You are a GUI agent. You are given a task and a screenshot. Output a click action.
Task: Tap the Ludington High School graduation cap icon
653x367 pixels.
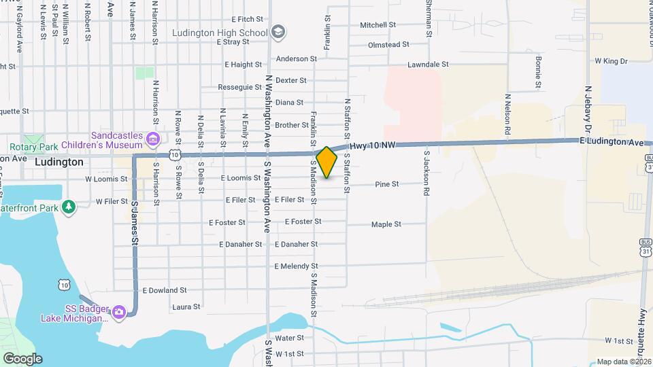point(278,32)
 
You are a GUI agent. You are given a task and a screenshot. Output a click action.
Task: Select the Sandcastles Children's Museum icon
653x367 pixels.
point(152,140)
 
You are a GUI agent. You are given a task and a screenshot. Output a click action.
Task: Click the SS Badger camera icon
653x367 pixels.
point(119,312)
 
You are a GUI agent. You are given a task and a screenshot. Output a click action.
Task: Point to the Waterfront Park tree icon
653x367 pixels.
point(68,207)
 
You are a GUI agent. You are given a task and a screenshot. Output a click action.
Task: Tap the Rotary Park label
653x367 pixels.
point(32,147)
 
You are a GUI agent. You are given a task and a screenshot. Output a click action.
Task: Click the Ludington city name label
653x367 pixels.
point(58,162)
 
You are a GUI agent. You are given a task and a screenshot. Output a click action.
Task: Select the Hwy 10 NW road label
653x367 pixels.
point(372,145)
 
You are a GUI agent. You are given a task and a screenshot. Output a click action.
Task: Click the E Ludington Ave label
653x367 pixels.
point(612,141)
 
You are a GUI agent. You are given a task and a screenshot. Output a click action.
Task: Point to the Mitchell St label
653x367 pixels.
point(378,25)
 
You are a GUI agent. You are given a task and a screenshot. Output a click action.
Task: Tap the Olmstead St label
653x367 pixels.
point(388,44)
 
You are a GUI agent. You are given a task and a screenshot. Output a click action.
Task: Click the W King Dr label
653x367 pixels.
point(611,61)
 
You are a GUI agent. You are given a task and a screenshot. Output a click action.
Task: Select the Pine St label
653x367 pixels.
point(386,184)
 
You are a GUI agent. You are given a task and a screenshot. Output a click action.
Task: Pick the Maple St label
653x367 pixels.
point(386,224)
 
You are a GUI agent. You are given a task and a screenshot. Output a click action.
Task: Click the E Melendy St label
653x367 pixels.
point(297,266)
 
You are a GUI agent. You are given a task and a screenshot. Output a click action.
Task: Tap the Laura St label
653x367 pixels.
point(186,307)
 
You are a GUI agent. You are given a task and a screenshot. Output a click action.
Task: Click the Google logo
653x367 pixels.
point(22,358)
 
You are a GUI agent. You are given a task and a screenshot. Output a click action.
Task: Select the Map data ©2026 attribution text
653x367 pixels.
point(623,362)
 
